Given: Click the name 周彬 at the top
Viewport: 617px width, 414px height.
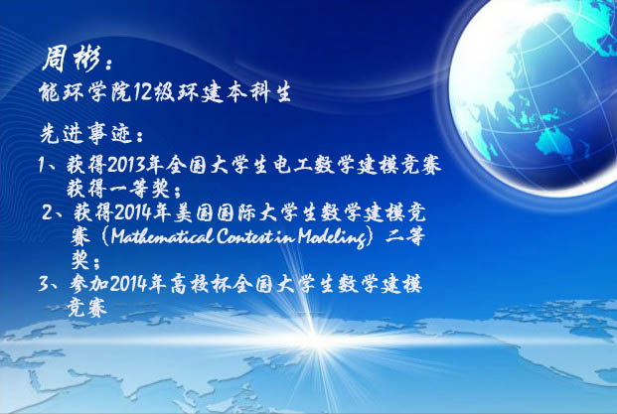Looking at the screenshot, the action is point(71,59).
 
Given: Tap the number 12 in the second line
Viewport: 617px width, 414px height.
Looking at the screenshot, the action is point(140,92).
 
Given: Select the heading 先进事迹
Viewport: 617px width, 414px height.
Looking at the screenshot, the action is point(85,134).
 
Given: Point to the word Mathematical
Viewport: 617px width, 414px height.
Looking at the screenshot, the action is point(162,236).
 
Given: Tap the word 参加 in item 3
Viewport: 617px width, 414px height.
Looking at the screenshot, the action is point(88,284).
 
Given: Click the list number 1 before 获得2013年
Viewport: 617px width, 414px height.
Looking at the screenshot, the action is point(42,165).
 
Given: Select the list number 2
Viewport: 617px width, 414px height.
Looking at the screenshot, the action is point(48,213).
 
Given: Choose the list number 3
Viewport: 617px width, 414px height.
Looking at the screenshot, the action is point(44,284).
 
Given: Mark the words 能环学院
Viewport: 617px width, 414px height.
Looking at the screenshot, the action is point(85,92).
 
